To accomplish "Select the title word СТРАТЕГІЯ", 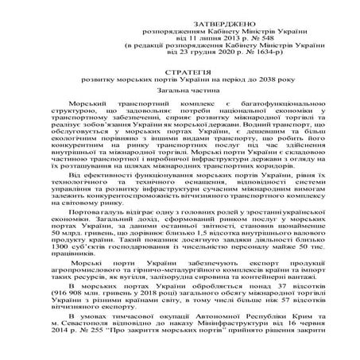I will coord(180,72).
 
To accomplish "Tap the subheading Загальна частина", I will coord(181,91).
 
